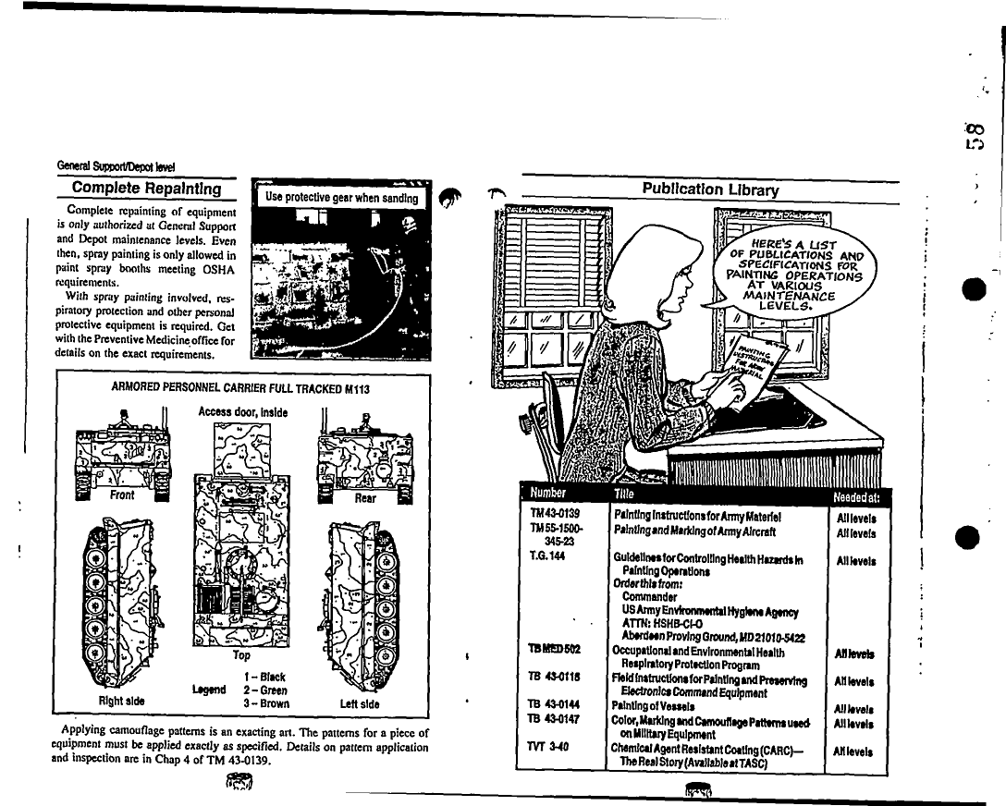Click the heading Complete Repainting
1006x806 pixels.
coord(147,189)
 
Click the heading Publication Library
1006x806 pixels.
coord(711,190)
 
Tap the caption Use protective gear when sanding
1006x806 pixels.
coord(341,198)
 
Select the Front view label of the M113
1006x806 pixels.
coord(122,495)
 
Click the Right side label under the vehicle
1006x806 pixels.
coord(122,701)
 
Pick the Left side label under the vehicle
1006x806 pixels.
coord(361,703)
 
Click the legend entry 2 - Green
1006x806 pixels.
coord(265,690)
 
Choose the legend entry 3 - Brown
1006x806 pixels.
coord(266,703)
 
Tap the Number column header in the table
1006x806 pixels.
coord(548,495)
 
